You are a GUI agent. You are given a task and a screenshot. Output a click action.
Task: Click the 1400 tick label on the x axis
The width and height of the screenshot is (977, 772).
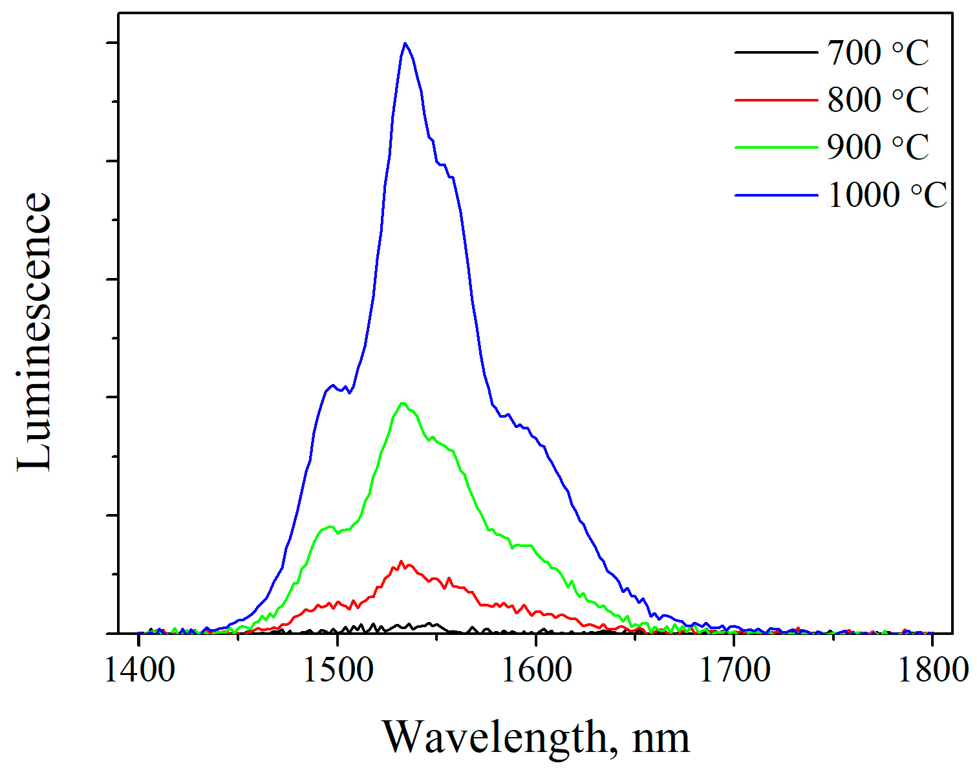tap(139, 670)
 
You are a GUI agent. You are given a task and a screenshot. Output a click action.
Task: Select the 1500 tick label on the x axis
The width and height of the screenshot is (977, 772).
tap(338, 670)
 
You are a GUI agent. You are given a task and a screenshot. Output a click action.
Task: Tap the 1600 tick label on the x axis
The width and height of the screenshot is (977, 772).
tap(536, 670)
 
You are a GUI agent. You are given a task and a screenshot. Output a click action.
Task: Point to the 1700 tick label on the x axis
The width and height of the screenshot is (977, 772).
tap(735, 670)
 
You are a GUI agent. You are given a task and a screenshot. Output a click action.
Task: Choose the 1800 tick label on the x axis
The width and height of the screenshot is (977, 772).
tap(932, 670)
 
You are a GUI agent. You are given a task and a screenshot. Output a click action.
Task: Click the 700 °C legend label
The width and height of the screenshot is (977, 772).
tap(877, 53)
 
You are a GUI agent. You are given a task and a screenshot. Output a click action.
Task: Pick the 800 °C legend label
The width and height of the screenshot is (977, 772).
tap(877, 100)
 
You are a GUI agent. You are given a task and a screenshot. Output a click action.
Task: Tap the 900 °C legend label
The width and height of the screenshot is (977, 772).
tap(877, 147)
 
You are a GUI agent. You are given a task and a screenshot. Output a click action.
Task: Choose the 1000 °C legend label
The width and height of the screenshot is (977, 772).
tap(886, 195)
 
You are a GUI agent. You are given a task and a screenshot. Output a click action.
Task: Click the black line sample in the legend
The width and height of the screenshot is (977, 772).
tap(776, 52)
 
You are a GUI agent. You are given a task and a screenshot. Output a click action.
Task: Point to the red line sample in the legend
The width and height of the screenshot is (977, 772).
tap(776, 100)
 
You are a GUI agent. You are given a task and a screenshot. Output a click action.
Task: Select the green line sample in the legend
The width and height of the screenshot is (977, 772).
tap(776, 147)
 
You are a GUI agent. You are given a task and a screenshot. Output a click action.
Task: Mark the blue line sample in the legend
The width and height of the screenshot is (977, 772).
tap(776, 195)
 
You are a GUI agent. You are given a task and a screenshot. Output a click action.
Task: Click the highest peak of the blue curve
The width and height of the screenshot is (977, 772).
tap(405, 43)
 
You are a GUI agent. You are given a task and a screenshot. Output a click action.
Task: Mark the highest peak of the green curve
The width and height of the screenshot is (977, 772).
tap(403, 403)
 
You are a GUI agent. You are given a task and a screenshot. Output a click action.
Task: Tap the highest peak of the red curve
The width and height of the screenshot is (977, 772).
tap(402, 562)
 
